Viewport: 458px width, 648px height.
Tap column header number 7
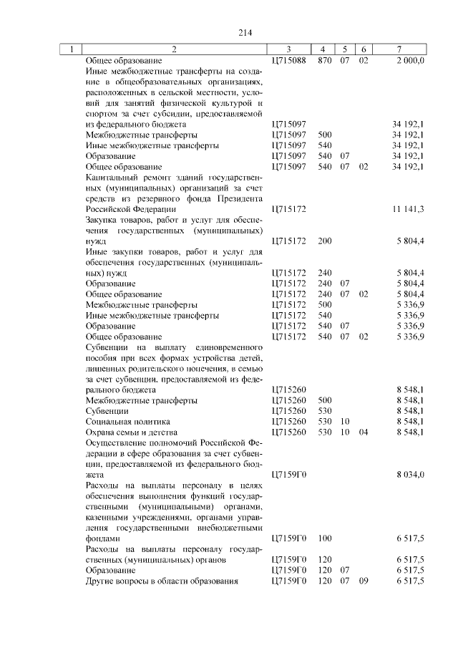pos(399,49)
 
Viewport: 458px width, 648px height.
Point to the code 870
pos(324,60)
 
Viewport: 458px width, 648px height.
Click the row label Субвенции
pos(107,411)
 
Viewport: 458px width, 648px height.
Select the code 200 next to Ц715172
pos(324,241)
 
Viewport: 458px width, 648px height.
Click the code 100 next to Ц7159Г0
pos(324,538)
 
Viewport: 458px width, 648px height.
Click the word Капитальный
pos(108,177)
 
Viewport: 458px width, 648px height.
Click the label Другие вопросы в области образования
pos(161,581)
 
